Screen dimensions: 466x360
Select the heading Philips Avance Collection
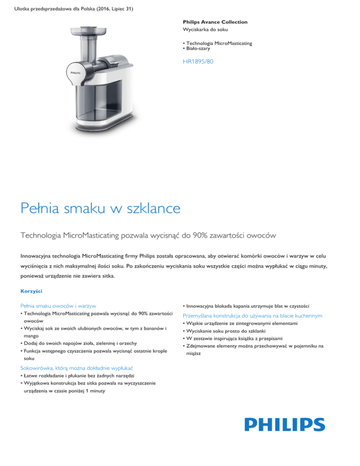pos(215,22)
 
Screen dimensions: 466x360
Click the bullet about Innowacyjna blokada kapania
pos(248,305)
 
